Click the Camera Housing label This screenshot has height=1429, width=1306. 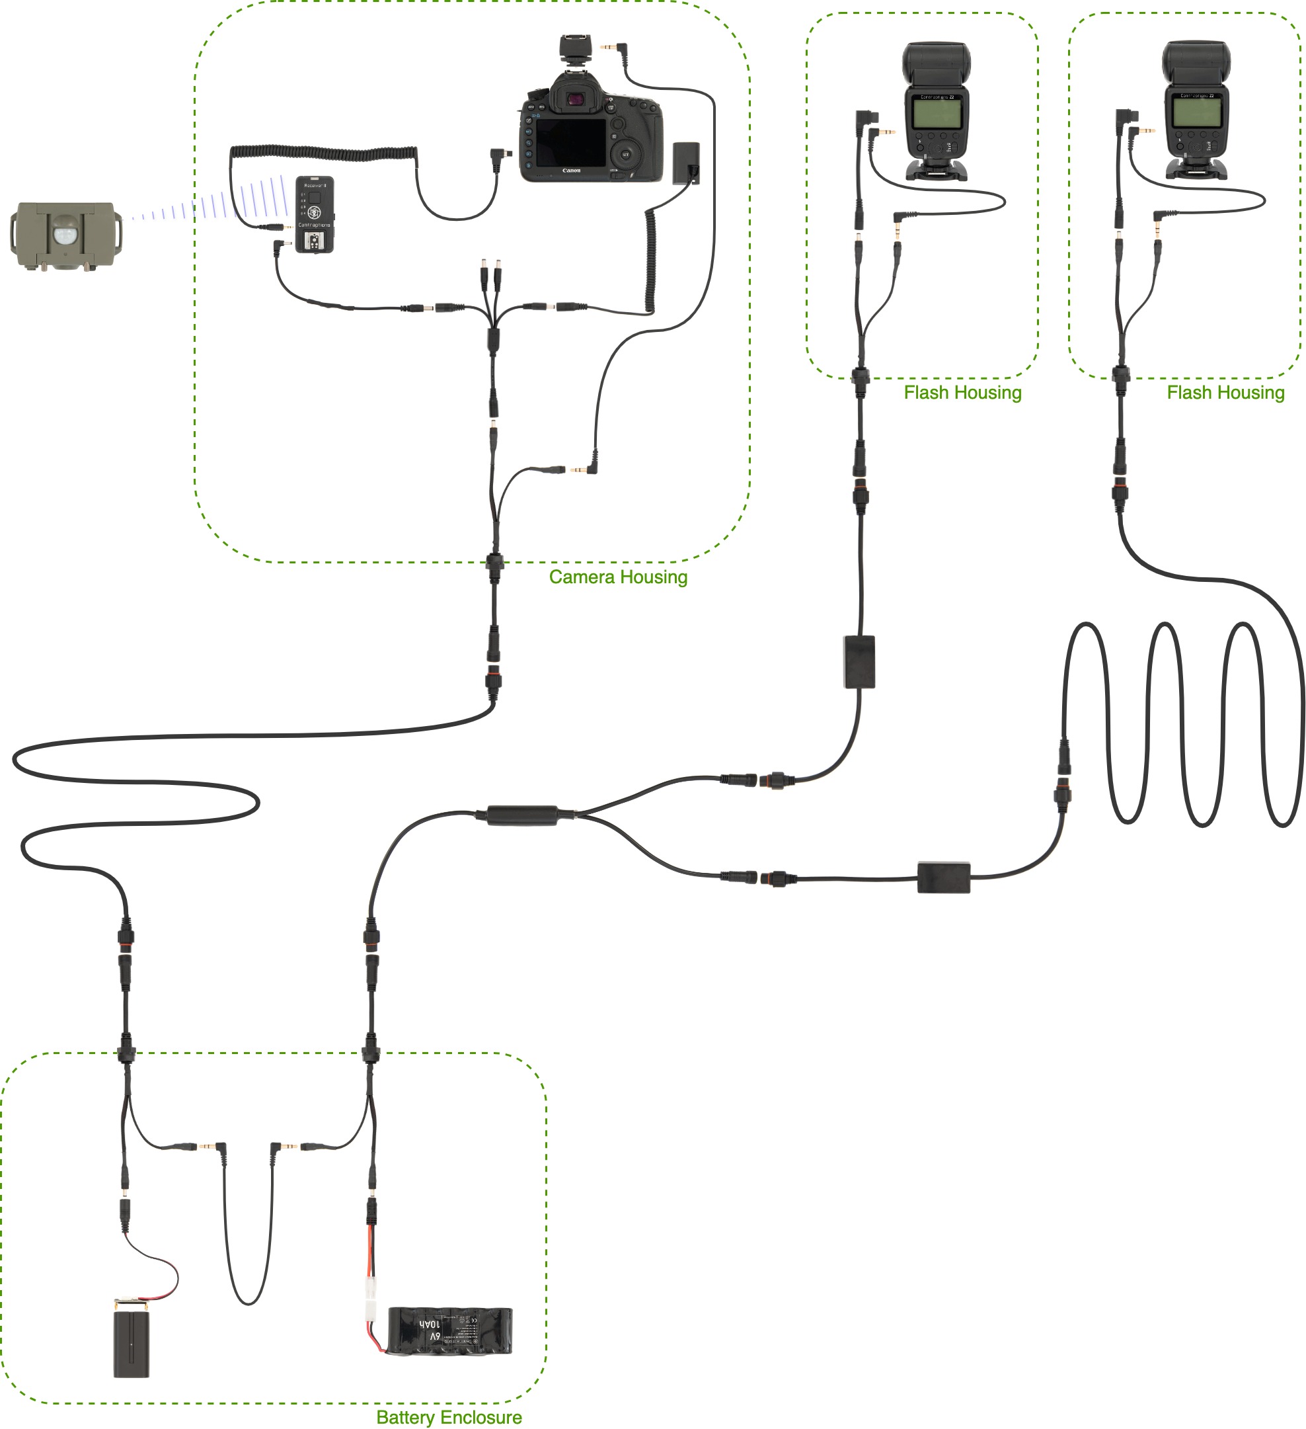pyautogui.click(x=618, y=577)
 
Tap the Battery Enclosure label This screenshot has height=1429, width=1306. pyautogui.click(x=449, y=1417)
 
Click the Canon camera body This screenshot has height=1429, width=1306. pyautogui.click(x=591, y=135)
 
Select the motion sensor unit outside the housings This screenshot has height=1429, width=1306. pyautogui.click(x=65, y=235)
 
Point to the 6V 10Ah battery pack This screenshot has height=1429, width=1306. pyautogui.click(x=449, y=1330)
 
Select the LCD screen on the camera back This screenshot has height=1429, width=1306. pyautogui.click(x=570, y=142)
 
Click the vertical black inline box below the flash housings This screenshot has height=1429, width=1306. pyautogui.click(x=859, y=662)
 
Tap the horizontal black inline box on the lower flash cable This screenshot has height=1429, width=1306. pyautogui.click(x=943, y=878)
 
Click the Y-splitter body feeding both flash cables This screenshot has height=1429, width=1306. pyautogui.click(x=522, y=815)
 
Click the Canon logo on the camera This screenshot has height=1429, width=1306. pyautogui.click(x=571, y=171)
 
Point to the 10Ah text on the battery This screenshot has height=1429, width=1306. pyautogui.click(x=430, y=1323)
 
